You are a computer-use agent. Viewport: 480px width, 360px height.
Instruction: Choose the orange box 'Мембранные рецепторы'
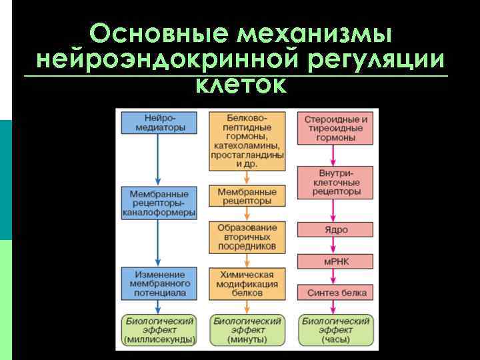[x=247, y=196]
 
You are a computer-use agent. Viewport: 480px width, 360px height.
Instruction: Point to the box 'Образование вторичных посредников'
[x=247, y=237]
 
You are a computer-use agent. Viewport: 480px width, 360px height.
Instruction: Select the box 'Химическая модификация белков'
[x=247, y=283]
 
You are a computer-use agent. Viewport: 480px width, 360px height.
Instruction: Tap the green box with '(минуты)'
[x=247, y=330]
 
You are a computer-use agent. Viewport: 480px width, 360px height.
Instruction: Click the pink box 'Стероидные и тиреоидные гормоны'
[x=336, y=129]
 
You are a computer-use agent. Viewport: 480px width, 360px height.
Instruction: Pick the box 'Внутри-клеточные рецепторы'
[x=336, y=182]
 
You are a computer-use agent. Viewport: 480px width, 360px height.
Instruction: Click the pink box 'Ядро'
[x=336, y=229]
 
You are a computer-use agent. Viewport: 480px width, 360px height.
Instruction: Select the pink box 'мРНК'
[x=336, y=261]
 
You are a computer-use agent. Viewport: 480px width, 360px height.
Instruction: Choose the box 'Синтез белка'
[x=336, y=292]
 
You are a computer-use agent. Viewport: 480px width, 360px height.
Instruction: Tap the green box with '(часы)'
[x=336, y=330]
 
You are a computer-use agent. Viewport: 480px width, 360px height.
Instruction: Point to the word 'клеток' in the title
[x=241, y=85]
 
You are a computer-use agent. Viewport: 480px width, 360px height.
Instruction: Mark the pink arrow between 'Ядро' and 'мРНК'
[x=336, y=245]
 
